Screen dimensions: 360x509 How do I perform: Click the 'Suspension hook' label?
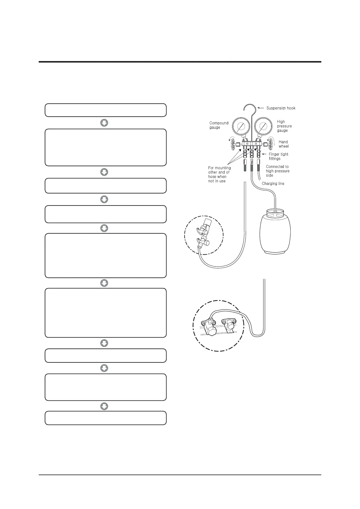[x=281, y=108]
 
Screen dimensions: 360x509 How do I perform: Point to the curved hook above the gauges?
[x=250, y=108]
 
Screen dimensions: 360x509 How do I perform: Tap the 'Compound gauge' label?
[x=219, y=125]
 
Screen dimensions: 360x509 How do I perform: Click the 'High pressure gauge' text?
[x=284, y=126]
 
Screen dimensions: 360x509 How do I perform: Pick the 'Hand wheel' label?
[x=284, y=144]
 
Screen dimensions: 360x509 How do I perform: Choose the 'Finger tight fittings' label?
[x=278, y=156]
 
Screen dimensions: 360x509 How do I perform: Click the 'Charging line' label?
[x=273, y=183]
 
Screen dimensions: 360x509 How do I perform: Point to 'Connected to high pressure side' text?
[x=277, y=171]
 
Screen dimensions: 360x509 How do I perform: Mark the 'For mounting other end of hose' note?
[x=219, y=174]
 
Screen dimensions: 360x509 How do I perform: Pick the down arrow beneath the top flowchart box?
[x=104, y=123]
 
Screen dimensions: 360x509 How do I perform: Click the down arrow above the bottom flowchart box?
[x=104, y=406]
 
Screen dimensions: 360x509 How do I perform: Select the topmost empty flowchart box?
[x=105, y=110]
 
